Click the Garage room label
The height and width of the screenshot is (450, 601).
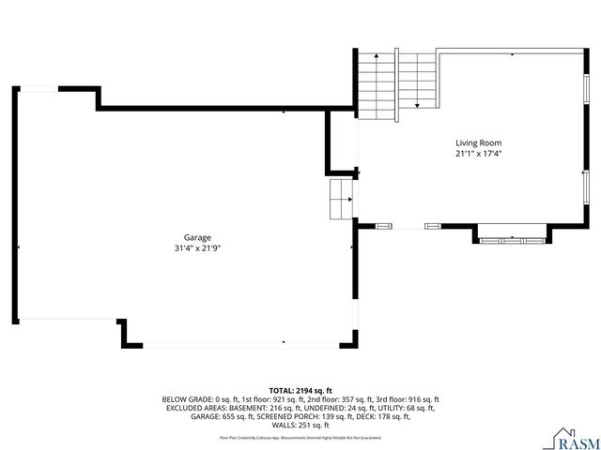[197, 238]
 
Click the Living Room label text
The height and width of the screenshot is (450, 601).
[479, 143]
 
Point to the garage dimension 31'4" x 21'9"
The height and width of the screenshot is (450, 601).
[197, 248]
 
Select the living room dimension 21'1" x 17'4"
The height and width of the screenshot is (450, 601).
[479, 154]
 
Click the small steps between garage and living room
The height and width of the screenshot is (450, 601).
[339, 199]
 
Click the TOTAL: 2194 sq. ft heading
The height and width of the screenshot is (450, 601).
[300, 390]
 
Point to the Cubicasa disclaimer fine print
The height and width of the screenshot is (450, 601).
[300, 437]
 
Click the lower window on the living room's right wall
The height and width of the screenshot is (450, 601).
[587, 185]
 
